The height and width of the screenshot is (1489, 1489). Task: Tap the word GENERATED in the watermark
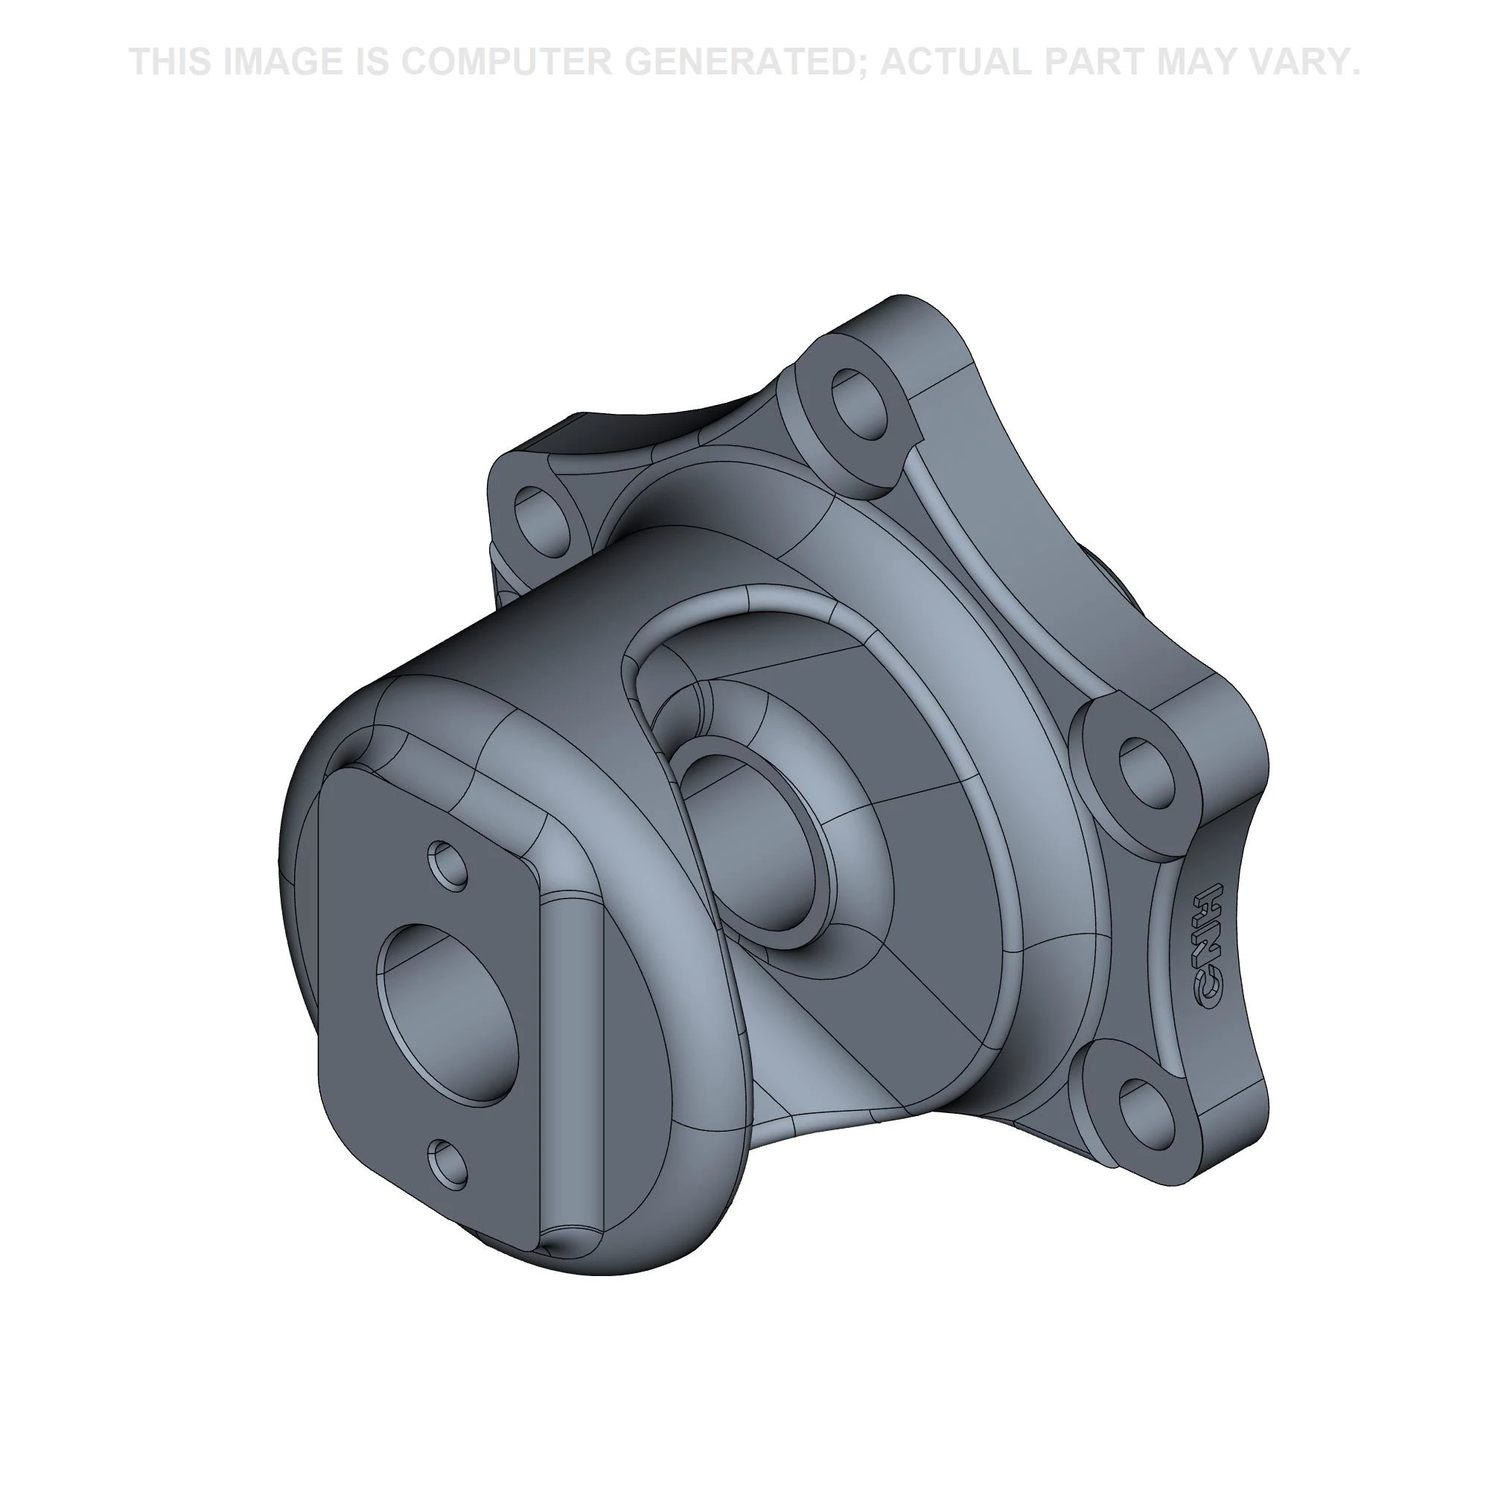click(745, 62)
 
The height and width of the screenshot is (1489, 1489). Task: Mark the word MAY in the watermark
click(1212, 62)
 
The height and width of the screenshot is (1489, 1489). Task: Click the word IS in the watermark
click(370, 62)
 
